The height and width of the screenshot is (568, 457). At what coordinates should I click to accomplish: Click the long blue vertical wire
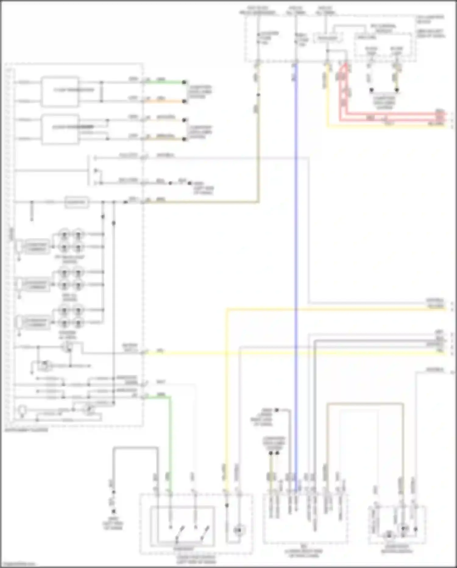click(x=296, y=244)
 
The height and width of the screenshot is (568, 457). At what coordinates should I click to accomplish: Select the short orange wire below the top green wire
click(x=165, y=101)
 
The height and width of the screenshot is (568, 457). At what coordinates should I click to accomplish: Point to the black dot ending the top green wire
click(x=184, y=82)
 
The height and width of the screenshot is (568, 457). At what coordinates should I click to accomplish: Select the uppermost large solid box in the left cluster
click(x=60, y=91)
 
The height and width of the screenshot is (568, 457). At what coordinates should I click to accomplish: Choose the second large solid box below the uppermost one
click(x=60, y=129)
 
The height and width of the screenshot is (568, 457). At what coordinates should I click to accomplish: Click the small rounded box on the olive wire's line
click(x=77, y=202)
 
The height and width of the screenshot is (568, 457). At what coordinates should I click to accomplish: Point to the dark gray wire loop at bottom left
click(x=136, y=448)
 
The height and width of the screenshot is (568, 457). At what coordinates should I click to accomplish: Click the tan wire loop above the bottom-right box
click(x=366, y=404)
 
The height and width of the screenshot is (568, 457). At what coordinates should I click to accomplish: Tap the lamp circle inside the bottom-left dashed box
click(x=239, y=530)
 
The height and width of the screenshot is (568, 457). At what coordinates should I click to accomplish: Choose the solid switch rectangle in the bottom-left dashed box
click(x=182, y=526)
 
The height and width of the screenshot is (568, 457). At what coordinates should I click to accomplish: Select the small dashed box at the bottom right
click(x=397, y=525)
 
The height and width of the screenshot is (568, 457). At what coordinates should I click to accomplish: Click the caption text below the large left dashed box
click(x=27, y=430)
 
